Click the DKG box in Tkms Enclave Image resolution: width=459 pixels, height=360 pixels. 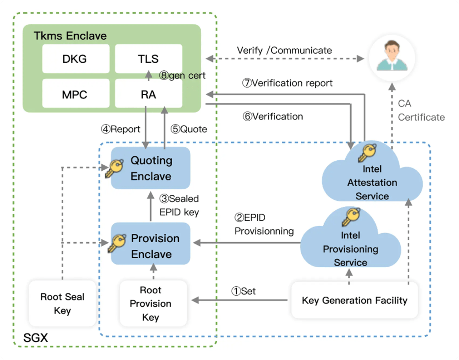point(75,59)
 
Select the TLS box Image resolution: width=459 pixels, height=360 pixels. point(148,59)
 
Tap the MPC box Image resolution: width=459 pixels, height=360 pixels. point(75,94)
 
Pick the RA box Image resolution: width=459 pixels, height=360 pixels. point(148,94)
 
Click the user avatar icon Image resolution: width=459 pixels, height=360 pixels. point(392,57)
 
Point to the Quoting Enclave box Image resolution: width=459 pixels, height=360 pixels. point(150,168)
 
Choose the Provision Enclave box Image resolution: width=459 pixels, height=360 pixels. point(150,246)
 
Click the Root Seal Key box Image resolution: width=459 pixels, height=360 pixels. point(62,303)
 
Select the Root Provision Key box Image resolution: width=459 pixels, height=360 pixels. point(153,303)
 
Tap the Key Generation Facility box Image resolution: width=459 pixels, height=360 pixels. point(354,300)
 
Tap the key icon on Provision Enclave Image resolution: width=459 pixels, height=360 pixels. point(117,243)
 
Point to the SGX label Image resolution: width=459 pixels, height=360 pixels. point(35,337)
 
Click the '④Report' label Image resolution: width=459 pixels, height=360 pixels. point(120,129)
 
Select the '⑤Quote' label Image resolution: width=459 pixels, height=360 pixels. point(189,129)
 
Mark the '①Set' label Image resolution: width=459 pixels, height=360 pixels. point(243,291)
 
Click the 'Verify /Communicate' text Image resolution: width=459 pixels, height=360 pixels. point(284,50)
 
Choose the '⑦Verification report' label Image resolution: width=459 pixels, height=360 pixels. point(287,83)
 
